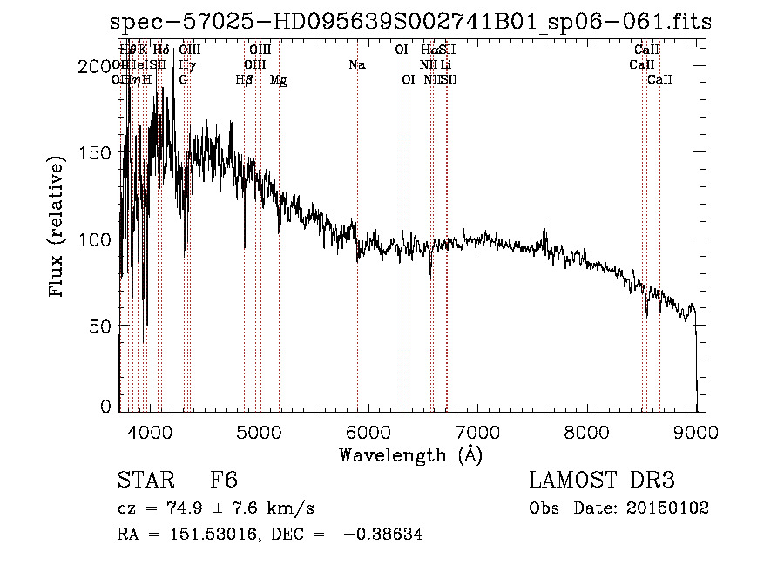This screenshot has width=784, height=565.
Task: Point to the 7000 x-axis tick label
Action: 477,431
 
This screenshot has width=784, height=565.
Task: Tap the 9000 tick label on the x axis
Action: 695,431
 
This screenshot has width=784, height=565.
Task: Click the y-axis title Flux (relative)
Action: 57,229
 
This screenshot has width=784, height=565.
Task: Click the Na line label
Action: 356,65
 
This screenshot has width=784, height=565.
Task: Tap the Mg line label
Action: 279,80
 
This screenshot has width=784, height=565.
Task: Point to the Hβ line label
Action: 245,80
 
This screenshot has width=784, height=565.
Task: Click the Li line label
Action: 445,65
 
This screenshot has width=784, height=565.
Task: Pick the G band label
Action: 183,80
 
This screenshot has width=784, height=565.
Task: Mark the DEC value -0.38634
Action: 382,535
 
